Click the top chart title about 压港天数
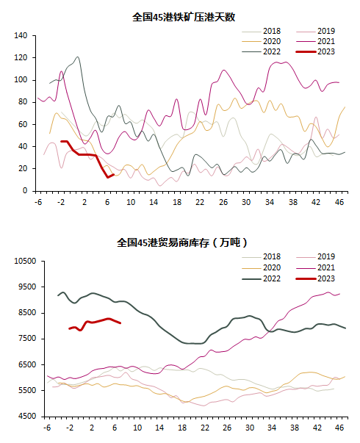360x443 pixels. pos(184,17)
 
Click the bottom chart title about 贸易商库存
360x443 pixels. pos(182,242)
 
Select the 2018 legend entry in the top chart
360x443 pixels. pos(261,31)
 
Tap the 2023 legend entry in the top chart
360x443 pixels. pos(315,51)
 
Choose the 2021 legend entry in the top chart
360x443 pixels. pos(315,42)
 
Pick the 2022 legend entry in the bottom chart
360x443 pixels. pos(261,278)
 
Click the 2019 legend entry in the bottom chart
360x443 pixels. pos(315,256)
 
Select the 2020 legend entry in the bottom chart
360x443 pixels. pos(261,267)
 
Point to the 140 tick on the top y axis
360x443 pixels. pos(21,35)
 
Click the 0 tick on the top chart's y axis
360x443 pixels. pos(25,191)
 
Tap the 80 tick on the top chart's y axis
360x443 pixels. pos(23,102)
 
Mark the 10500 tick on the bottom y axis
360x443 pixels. pos(26,261)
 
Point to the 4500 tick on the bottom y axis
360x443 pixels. pos(27,416)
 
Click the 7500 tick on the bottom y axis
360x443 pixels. pos(27,339)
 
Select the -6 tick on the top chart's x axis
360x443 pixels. pos(38,202)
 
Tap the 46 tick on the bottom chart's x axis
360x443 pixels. pos(339,428)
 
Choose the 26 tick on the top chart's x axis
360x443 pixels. pos(223,202)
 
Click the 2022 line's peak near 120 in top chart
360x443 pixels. pos(78,57)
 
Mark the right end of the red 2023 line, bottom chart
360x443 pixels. pos(120,323)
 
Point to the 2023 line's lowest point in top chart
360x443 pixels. pos(108,178)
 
